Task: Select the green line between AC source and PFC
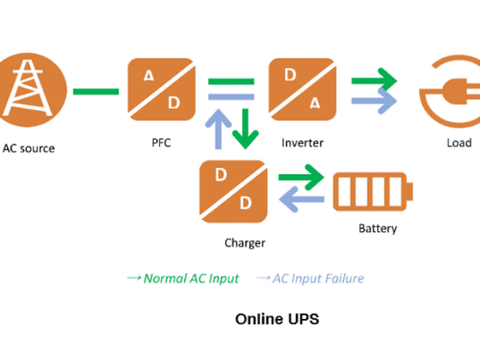pyautogui.click(x=96, y=92)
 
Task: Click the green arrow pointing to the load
pyautogui.click(x=374, y=80)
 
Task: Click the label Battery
pyautogui.click(x=377, y=229)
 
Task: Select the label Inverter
pyautogui.click(x=302, y=143)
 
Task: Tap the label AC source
pyautogui.click(x=29, y=148)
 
